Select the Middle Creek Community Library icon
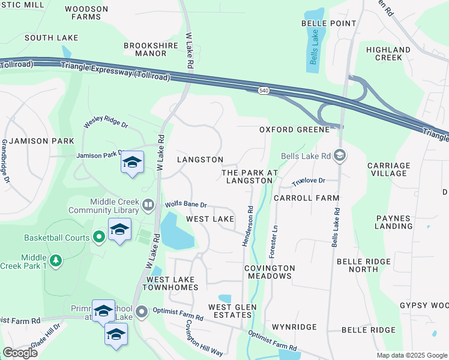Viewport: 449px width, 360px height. (x=148, y=206)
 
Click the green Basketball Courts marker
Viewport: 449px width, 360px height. (x=99, y=238)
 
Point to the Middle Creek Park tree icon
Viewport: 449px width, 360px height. (x=55, y=260)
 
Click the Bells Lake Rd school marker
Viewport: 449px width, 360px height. (x=340, y=156)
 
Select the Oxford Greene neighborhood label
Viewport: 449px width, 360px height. (x=294, y=130)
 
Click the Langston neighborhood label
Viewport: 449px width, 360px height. (x=200, y=160)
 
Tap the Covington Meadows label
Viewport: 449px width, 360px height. (x=270, y=272)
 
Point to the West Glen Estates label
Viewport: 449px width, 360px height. (x=230, y=311)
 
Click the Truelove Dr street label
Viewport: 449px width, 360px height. (x=308, y=181)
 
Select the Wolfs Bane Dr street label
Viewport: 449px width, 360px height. (x=186, y=205)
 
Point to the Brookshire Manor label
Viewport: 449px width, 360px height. (x=145, y=49)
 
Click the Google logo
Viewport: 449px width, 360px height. (x=20, y=353)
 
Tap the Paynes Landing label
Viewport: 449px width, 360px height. (x=393, y=222)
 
